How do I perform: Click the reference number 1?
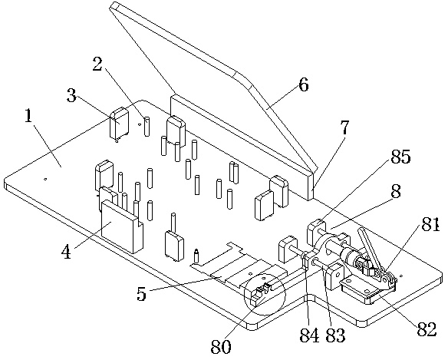click(28, 116)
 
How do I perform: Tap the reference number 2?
click(97, 64)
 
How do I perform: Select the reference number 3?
click(71, 95)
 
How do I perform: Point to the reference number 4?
click(66, 252)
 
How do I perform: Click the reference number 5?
click(141, 293)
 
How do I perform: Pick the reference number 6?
click(304, 85)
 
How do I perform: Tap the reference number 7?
click(345, 127)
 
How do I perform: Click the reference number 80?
click(221, 347)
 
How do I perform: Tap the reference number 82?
click(427, 329)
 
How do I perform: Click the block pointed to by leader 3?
click(119, 123)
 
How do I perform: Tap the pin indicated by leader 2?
click(147, 127)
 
